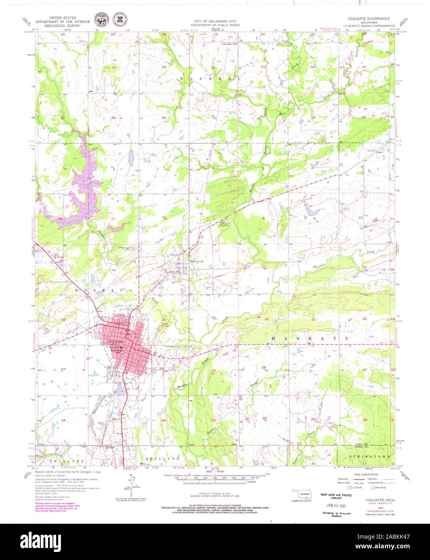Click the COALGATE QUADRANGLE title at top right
(369, 19)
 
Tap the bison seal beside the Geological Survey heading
(99, 20)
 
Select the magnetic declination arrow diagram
(129, 490)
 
